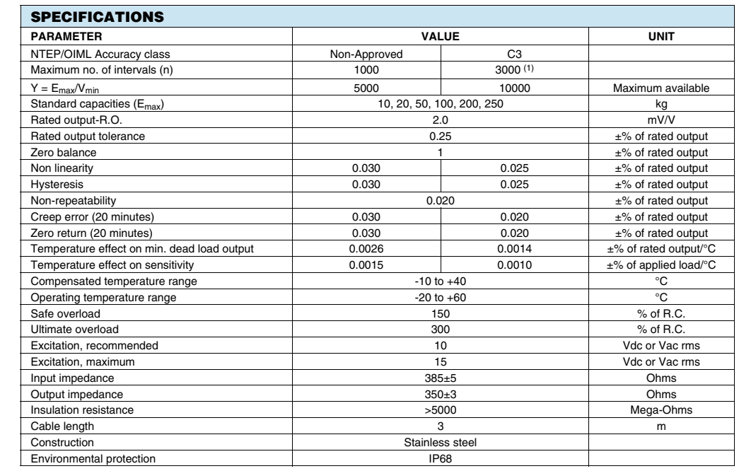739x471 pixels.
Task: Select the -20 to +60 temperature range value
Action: coord(441,298)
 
